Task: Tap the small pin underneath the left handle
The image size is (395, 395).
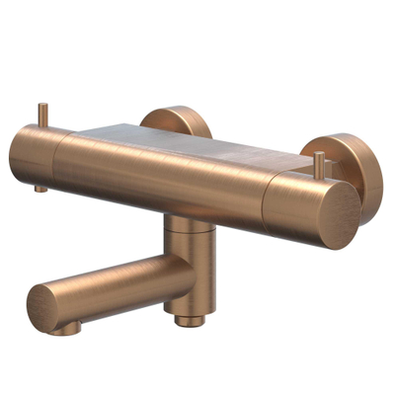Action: click(39, 187)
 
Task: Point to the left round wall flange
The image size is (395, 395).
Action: click(179, 119)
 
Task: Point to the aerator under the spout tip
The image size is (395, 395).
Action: click(70, 325)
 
